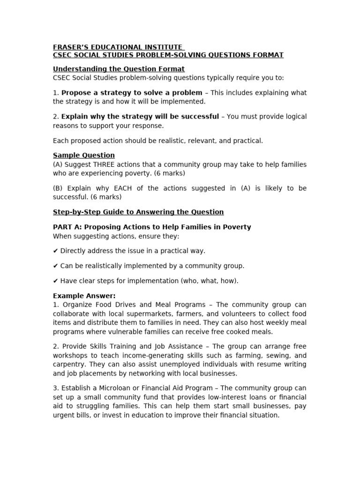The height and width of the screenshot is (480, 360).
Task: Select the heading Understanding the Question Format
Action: point(119,69)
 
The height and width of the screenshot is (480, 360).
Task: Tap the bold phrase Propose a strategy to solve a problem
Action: point(132,93)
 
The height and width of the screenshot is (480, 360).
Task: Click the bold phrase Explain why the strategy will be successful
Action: point(140,116)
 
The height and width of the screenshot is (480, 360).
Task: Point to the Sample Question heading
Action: point(83,155)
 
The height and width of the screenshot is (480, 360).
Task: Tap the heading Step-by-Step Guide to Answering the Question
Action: point(138,212)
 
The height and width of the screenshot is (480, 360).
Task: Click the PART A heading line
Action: point(152,227)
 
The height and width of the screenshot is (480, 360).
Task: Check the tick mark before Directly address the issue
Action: point(55,251)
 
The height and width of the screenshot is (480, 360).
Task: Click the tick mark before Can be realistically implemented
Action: point(55,266)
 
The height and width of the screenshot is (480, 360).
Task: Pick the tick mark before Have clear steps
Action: point(55,281)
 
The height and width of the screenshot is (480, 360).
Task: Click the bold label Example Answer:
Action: point(84,296)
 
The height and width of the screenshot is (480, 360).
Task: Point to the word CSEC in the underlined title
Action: point(64,55)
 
